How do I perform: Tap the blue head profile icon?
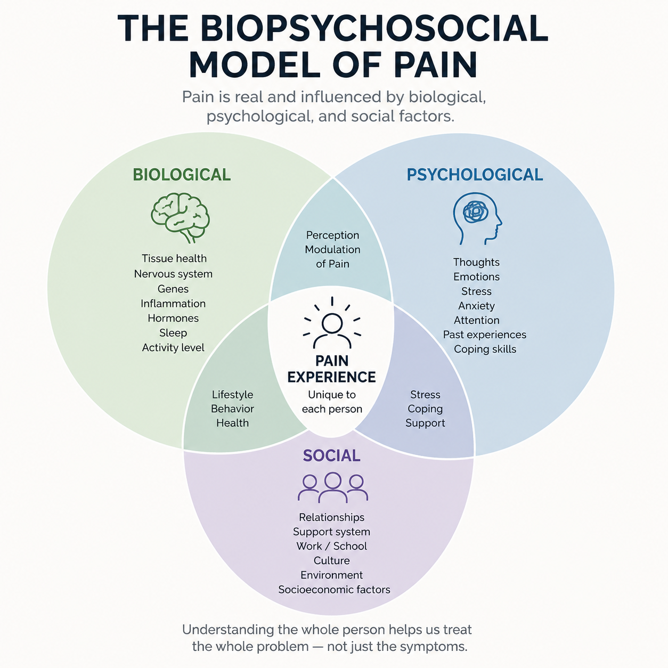pos(477,219)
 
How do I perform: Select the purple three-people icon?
pos(333,487)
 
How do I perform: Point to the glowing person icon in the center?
pos(332,323)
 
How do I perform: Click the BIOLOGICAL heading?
pos(182,175)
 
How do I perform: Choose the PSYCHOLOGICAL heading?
pos(475,175)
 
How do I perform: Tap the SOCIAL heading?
pos(332,455)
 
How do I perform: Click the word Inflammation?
pos(173,304)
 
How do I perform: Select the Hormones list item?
pos(173,318)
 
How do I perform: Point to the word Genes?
pos(173,289)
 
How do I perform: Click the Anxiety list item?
pos(476,306)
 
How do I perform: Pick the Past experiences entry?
pos(485,335)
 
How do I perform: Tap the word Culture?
pos(332,560)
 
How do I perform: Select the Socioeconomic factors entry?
pos(334,590)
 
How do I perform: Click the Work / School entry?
pos(332,546)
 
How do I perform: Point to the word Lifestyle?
pos(232,395)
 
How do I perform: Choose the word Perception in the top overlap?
pos(332,235)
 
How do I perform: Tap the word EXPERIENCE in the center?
pos(332,377)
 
